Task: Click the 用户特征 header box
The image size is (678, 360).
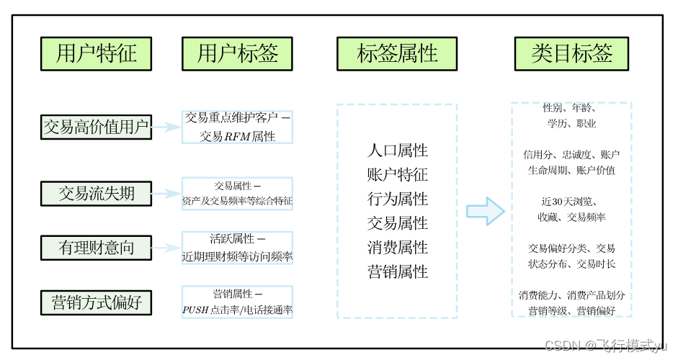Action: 96,54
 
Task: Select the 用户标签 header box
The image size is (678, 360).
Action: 237,54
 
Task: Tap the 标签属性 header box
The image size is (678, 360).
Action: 397,54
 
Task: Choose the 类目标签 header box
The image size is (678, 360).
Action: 572,54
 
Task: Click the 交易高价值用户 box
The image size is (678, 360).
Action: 96,127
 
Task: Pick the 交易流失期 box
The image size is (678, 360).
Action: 96,193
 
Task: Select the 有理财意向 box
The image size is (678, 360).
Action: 96,247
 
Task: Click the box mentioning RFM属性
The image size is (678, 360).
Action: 237,127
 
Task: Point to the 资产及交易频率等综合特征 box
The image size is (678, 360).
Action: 237,194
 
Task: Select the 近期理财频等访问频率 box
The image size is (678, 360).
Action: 237,248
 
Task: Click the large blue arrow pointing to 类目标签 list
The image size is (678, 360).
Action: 486,211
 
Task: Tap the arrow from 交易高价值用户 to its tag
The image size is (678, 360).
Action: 166,127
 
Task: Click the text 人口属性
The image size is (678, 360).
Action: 397,150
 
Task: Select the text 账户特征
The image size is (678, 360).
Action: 397,175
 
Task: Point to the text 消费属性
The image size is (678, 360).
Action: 397,248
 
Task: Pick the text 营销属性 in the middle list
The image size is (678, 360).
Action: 397,272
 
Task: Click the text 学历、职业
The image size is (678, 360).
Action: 571,124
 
